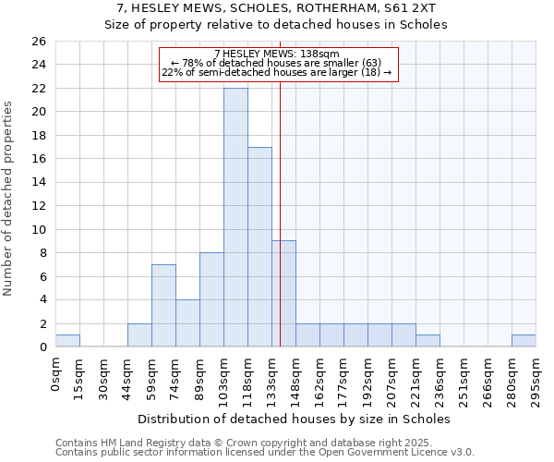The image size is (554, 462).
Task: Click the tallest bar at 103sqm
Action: pyautogui.click(x=235, y=218)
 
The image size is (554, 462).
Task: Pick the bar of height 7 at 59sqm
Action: pyautogui.click(x=163, y=306)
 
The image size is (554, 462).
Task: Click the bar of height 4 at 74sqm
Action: pyautogui.click(x=187, y=323)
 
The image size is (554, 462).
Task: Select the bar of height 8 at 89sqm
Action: pyautogui.click(x=211, y=299)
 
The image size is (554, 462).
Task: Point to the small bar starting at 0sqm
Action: pyautogui.click(x=67, y=341)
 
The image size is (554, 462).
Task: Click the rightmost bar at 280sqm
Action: pyautogui.click(x=524, y=341)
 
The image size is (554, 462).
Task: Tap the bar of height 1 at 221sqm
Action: pyautogui.click(x=428, y=341)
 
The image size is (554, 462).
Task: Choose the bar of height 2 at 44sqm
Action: pyautogui.click(x=139, y=335)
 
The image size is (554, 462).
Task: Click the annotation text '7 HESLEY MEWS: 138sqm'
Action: pyautogui.click(x=277, y=55)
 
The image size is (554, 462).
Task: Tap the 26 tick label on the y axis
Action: pyautogui.click(x=38, y=42)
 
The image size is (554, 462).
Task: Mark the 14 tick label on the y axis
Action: pyautogui.click(x=38, y=183)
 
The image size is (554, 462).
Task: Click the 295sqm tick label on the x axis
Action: pyautogui.click(x=536, y=380)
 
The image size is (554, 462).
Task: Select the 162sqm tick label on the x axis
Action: pyautogui.click(x=319, y=380)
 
